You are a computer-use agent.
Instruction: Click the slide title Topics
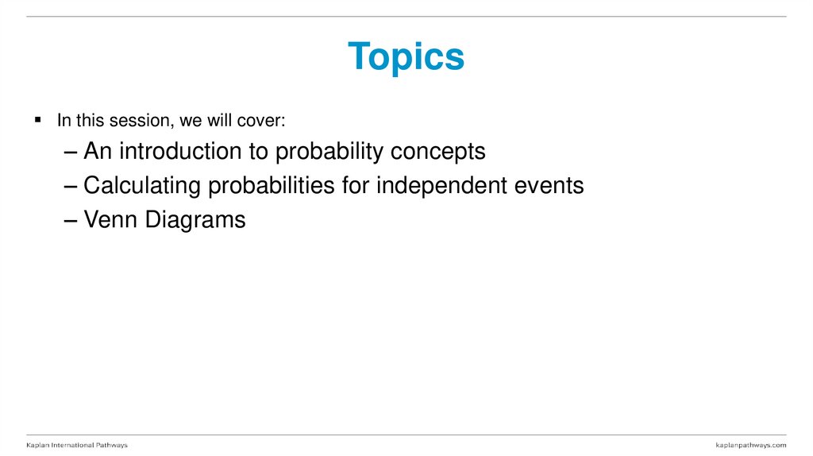[406, 57]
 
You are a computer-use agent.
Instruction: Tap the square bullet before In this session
[37, 120]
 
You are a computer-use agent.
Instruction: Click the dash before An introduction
[71, 152]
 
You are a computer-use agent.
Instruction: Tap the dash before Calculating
[71, 187]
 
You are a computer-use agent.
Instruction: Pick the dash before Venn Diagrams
[71, 221]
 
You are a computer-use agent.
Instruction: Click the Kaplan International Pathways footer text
[77, 445]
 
